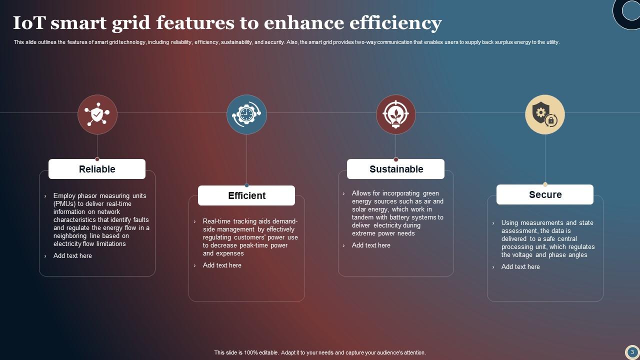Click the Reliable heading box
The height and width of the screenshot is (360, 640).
(97, 169)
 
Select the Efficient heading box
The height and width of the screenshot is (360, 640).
(246, 195)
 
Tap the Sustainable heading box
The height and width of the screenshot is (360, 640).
(395, 169)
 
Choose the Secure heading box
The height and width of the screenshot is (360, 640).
(545, 194)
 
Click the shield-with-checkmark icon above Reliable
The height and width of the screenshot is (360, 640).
(97, 114)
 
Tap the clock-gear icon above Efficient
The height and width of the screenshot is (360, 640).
(246, 114)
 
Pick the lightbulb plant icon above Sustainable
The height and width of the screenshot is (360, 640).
(395, 114)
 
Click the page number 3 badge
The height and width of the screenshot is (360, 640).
(632, 352)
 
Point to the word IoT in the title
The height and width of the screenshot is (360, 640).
(29, 23)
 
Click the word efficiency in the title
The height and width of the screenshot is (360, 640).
(395, 23)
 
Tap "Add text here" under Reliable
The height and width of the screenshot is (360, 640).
(72, 255)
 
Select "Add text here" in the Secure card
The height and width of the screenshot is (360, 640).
(520, 266)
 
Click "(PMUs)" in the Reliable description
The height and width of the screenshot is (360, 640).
(64, 204)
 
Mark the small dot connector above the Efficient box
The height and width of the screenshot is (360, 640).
(246, 185)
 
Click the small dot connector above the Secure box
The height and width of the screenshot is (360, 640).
(545, 184)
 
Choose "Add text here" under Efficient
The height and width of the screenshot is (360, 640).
(222, 265)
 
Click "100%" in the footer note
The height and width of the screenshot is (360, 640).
(251, 352)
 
